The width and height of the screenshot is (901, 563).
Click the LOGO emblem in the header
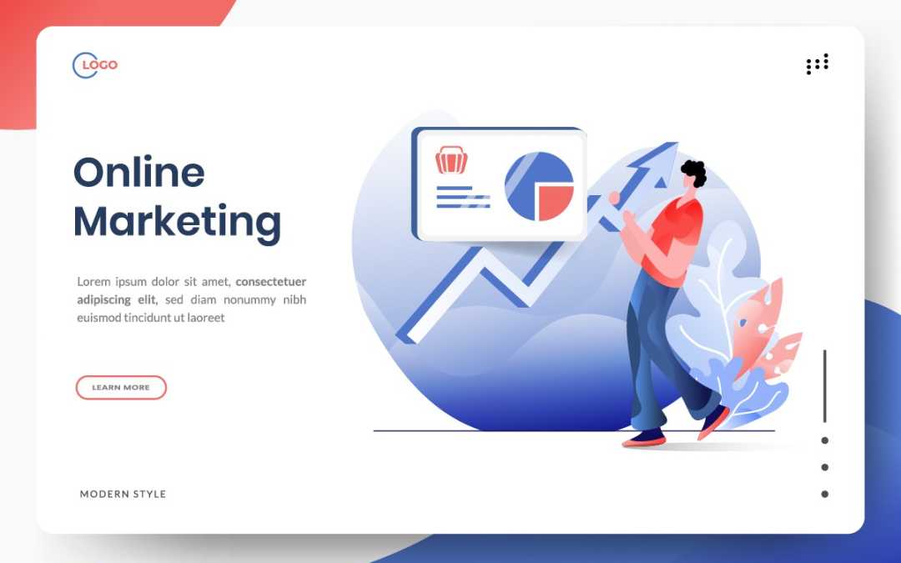[x=95, y=65]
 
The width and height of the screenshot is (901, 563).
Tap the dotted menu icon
[x=817, y=63]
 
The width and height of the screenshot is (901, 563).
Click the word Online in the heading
[x=139, y=173]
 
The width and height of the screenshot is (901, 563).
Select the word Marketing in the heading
[x=178, y=221]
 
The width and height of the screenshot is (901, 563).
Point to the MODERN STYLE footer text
[x=123, y=494]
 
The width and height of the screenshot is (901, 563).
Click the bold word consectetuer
[x=270, y=282]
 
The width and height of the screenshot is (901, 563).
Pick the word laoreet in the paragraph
[x=206, y=317]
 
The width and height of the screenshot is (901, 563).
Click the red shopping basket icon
[x=451, y=159]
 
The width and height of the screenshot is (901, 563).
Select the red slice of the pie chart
[x=556, y=203]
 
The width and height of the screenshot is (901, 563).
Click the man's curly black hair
[x=694, y=172]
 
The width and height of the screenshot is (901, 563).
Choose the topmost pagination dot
[x=824, y=440]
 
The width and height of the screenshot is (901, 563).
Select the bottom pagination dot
[x=824, y=494]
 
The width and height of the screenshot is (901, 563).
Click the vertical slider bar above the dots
[x=824, y=386]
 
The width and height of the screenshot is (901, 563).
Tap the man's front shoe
[x=644, y=439]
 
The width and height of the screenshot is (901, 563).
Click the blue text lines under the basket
[x=463, y=197]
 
